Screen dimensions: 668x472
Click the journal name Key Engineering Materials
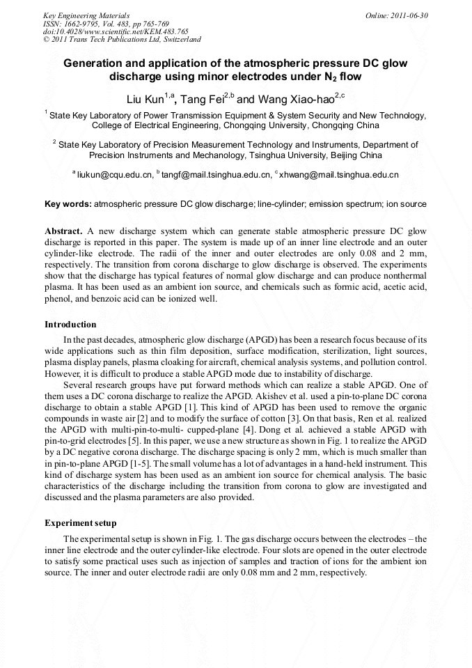[x=86, y=15]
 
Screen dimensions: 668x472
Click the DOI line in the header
[x=116, y=31]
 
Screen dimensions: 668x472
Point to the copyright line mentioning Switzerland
[x=122, y=40]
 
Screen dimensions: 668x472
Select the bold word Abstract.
[x=64, y=230]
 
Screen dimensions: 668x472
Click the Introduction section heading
[x=70, y=325]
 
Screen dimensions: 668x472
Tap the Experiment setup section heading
[x=81, y=522]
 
